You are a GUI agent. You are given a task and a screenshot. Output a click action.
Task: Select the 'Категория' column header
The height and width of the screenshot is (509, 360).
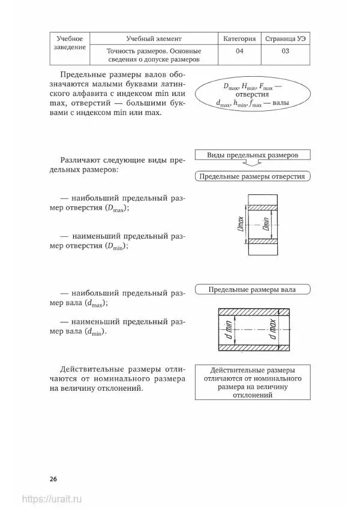(x=239, y=38)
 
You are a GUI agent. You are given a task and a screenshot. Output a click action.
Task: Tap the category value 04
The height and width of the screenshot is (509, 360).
(x=239, y=52)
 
